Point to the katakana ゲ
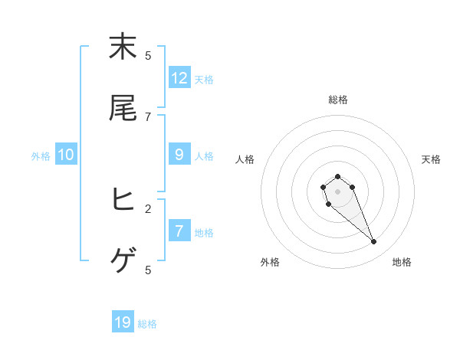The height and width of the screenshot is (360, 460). coord(123,262)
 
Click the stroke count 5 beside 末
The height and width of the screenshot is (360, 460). coord(148,55)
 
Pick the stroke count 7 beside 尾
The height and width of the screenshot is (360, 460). coord(148,116)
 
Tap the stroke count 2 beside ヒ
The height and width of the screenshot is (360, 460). coord(148,208)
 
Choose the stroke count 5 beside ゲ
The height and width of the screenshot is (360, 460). coord(148,270)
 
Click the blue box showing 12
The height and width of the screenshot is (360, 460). coord(179,78)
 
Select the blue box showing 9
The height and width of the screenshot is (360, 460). coord(179,155)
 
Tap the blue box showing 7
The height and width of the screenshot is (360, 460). coord(179,231)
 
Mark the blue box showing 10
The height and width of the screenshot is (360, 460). coord(66,155)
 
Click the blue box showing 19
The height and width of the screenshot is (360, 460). coord(123,322)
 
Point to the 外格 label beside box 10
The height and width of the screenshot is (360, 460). coord(41,155)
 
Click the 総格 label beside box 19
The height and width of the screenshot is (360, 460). coord(147,324)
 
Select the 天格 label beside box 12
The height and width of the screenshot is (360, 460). coord(204,80)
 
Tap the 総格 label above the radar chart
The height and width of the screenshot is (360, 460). coord(338,100)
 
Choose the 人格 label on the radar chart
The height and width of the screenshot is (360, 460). coord(245,159)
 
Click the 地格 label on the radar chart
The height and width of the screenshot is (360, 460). coord(402,262)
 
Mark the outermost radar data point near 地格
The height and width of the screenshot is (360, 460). coord(374,242)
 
